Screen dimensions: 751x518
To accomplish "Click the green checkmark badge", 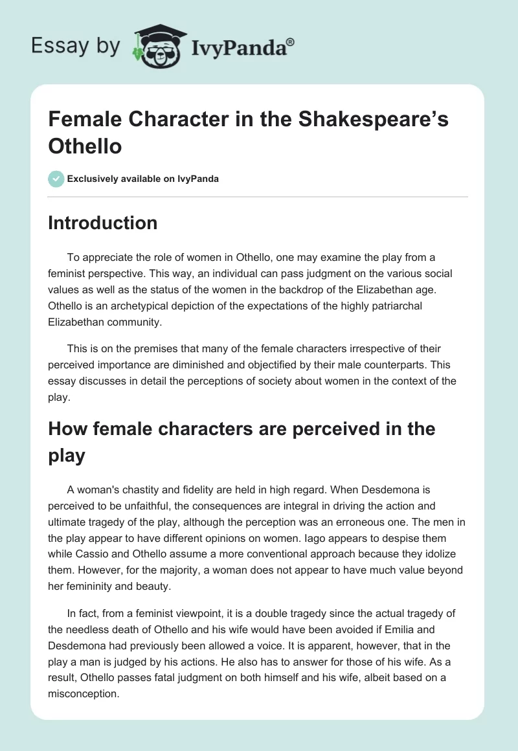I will [56, 179].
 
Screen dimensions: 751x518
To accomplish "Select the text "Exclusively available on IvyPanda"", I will [144, 179].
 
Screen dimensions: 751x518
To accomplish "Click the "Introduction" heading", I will [103, 223].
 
